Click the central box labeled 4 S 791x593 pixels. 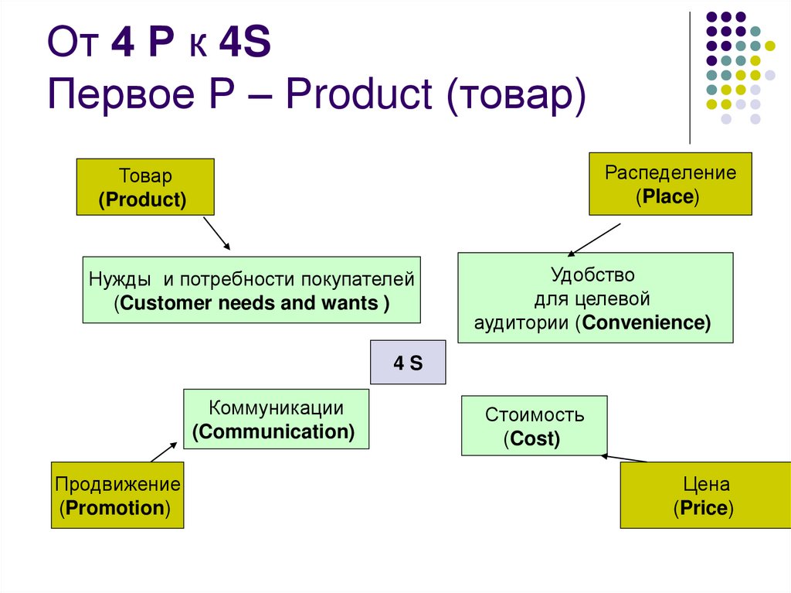coord(408,362)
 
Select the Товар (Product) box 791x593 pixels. coord(144,187)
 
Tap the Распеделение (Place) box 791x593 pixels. coord(670,184)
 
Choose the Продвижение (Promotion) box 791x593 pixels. coord(117,495)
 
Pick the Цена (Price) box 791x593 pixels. coord(705,495)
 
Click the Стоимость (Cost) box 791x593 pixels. coord(534,426)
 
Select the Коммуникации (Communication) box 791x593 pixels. coord(276,419)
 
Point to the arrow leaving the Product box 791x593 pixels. coord(216,233)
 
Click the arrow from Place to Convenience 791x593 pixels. coord(595,239)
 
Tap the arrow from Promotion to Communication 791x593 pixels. coord(164,450)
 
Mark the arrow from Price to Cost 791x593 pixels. coord(624,458)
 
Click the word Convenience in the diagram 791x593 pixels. coord(647,322)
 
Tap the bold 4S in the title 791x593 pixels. coord(243,44)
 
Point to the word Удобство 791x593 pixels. coord(592,274)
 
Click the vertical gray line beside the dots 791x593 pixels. coord(690,77)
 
